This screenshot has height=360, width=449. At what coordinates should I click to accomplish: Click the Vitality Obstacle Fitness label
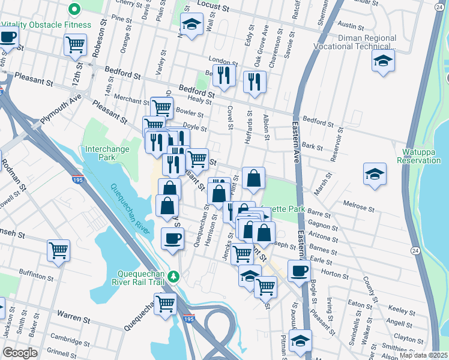(x=46, y=25)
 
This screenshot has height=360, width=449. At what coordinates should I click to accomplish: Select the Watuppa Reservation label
(x=418, y=156)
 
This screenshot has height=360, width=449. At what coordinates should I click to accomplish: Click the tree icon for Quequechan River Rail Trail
(x=173, y=276)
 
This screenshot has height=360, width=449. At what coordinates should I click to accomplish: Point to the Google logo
(x=20, y=352)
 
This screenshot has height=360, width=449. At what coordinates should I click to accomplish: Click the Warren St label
(x=73, y=314)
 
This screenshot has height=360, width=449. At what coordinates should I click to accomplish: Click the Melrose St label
(x=358, y=207)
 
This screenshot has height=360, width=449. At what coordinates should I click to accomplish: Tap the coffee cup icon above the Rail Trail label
(x=172, y=239)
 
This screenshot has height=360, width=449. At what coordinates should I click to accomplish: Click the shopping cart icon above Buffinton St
(x=58, y=249)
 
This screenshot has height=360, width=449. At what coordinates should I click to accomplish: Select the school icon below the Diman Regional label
(x=382, y=61)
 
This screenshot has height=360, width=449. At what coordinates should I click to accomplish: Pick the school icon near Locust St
(x=191, y=25)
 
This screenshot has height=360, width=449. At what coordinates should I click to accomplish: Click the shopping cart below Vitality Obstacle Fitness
(x=75, y=43)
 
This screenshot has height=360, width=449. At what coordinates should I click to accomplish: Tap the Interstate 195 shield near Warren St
(x=189, y=319)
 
